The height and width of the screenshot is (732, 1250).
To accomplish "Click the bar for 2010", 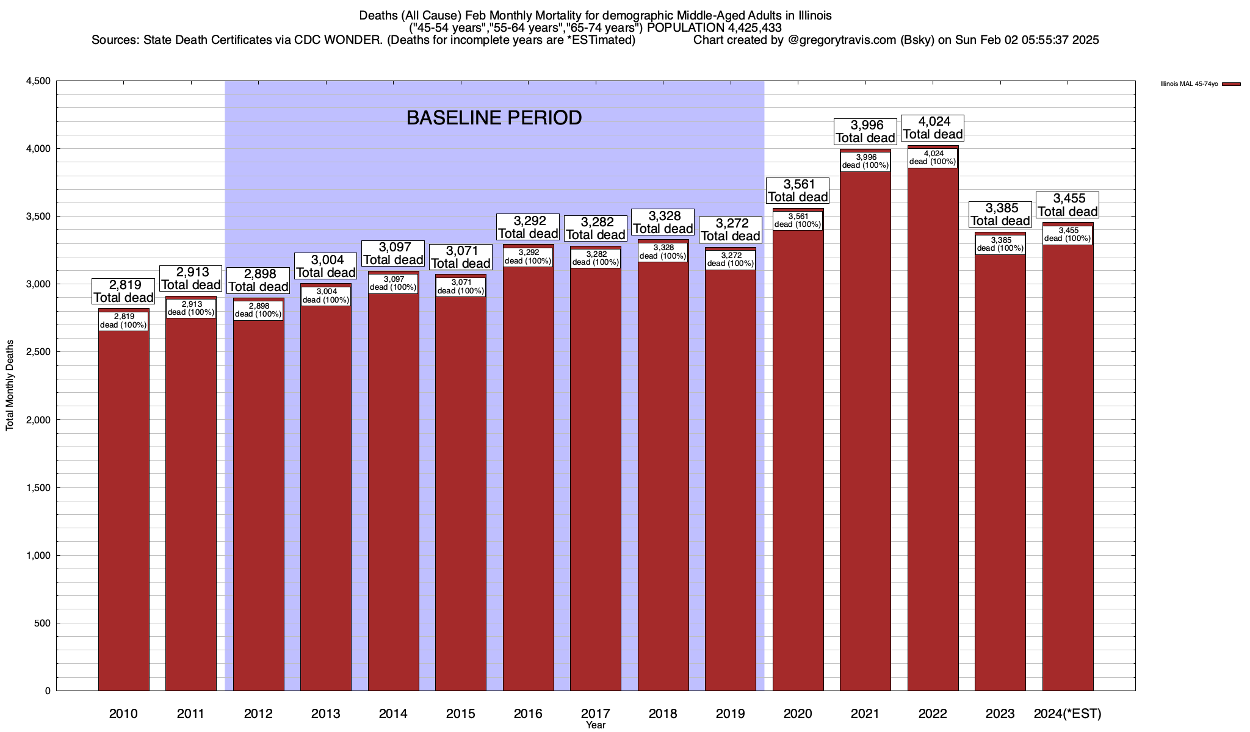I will pos(123,506).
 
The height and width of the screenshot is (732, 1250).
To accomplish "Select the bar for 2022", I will pos(933,427).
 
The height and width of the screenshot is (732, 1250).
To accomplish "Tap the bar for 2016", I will pos(528,476).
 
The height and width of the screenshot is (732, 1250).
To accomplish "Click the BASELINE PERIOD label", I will pos(494,118).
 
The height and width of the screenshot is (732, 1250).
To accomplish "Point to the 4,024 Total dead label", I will pos(933,128).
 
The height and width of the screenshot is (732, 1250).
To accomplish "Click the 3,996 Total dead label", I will pos(865,132).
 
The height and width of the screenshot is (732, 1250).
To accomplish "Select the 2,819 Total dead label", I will pos(123,292).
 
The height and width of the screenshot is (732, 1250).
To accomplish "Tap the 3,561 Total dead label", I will pos(798,190).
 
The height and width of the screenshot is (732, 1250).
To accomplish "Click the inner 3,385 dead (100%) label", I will pos(1000,244).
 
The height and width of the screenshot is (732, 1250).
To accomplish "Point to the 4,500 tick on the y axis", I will pos(38,81).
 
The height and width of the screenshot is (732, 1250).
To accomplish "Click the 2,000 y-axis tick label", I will pos(38,420).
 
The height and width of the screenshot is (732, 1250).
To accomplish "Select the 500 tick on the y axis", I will pos(43,623).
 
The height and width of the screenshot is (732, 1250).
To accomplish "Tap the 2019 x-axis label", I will pos(730,713).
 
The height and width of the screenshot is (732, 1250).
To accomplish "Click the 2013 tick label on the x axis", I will pos(325,713).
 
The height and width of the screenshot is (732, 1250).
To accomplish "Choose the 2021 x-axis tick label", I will pos(865,713).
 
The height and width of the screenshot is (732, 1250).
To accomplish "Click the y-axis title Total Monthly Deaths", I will pos(10,394).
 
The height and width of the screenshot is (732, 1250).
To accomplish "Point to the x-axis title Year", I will pos(595,725).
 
